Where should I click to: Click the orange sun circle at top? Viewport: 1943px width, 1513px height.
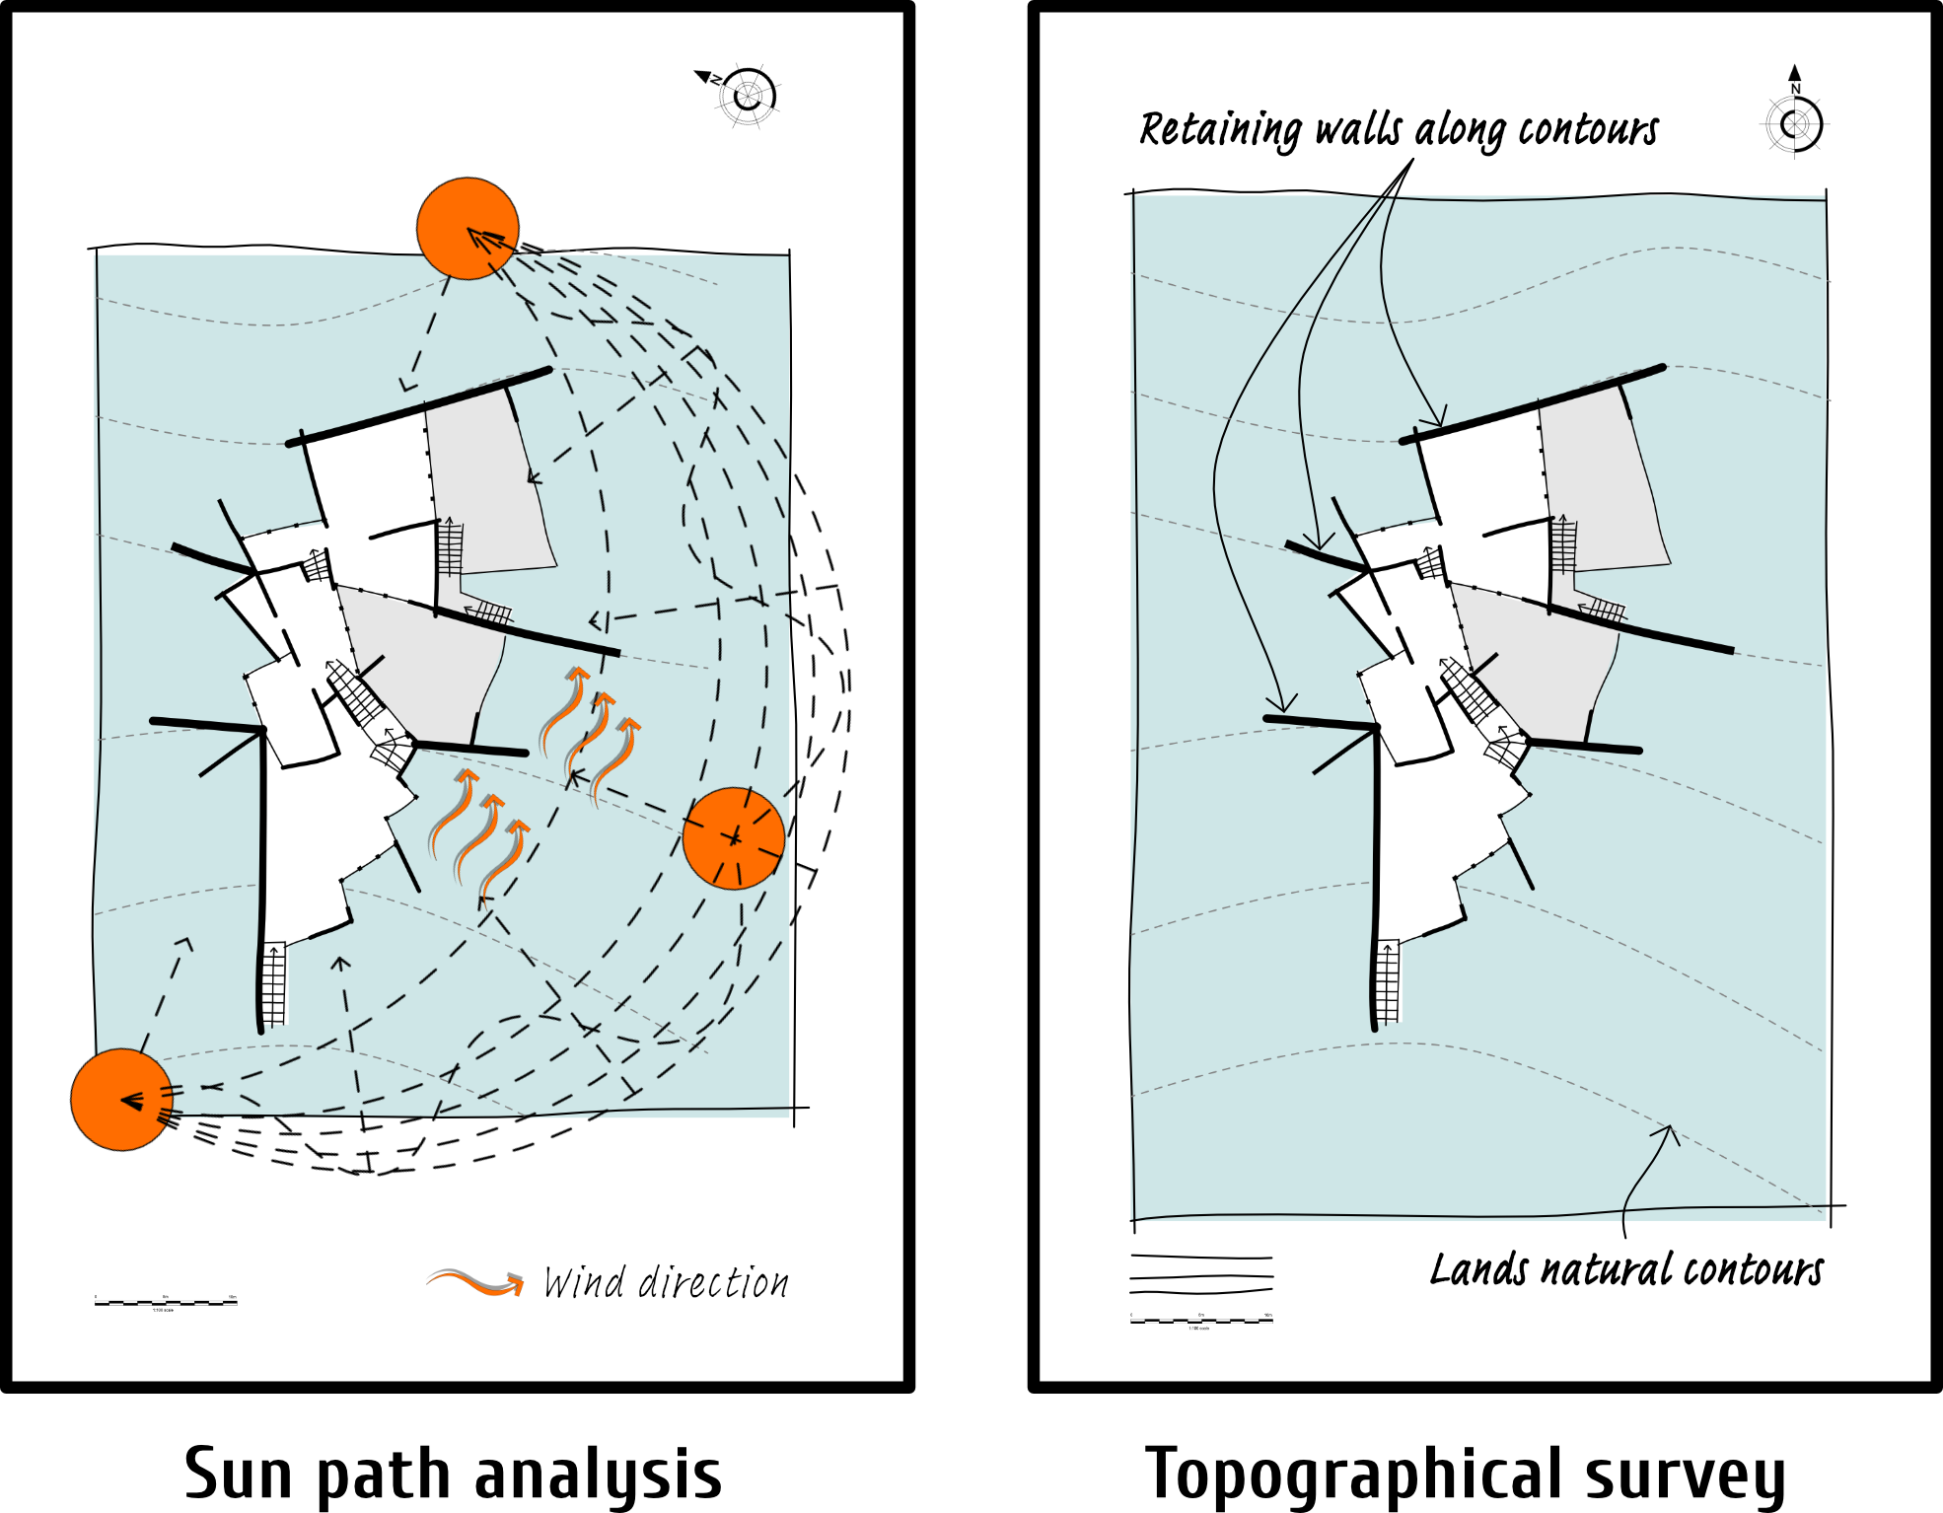pyautogui.click(x=468, y=229)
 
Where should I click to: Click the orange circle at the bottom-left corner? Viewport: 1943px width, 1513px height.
pyautogui.click(x=121, y=1099)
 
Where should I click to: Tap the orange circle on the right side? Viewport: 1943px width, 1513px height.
pyautogui.click(x=734, y=838)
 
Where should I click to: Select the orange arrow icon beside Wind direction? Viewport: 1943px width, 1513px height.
pyautogui.click(x=475, y=1281)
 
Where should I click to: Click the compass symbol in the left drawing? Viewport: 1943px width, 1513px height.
pyautogui.click(x=747, y=96)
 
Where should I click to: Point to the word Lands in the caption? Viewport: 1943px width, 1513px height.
pyautogui.click(x=1478, y=1270)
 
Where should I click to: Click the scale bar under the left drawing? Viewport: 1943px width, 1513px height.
pyautogui.click(x=166, y=1303)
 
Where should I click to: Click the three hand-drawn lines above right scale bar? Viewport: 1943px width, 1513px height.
pyautogui.click(x=1201, y=1274)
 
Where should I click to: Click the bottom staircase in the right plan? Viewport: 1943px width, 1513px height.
pyautogui.click(x=1388, y=982)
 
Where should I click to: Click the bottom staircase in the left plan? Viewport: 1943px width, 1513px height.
pyautogui.click(x=274, y=984)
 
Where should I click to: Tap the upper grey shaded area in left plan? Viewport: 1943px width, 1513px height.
pyautogui.click(x=488, y=483)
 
